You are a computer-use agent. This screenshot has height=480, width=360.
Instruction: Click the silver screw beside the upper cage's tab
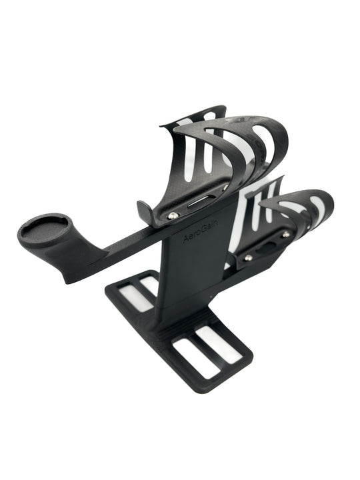click(173, 215)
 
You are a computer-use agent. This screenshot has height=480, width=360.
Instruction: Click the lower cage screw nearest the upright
click(248, 257)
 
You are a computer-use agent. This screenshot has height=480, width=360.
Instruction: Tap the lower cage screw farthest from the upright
click(285, 235)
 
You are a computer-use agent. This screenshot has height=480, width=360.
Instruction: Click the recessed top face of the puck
click(41, 226)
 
